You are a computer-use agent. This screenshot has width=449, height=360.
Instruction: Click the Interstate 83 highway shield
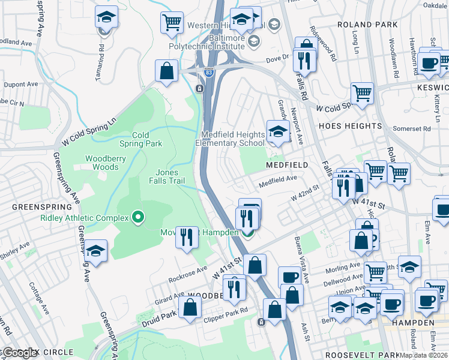click(x=208, y=72)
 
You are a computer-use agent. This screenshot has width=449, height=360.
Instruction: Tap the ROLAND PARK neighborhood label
click(x=367, y=25)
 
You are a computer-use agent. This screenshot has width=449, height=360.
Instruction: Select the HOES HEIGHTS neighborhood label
click(x=351, y=126)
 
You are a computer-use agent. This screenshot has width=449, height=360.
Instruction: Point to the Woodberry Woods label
click(x=101, y=163)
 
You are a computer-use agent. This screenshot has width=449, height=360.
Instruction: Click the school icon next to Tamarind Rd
click(x=106, y=17)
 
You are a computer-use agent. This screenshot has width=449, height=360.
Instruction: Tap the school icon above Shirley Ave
click(x=95, y=251)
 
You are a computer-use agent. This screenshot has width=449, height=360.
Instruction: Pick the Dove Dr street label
click(x=277, y=58)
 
